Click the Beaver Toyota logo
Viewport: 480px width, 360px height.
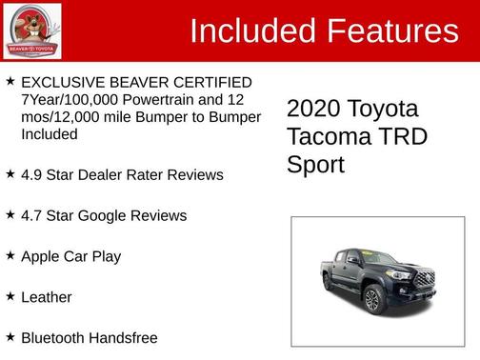32,31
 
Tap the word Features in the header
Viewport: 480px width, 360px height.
392,31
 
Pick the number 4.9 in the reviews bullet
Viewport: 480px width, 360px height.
31,175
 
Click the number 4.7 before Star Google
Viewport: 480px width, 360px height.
31,216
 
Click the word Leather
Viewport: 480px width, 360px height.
47,297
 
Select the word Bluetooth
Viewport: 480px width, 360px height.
54,337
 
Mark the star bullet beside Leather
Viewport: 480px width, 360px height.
10,296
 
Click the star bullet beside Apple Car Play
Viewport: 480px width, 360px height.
10,255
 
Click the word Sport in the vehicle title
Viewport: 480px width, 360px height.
315,165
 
